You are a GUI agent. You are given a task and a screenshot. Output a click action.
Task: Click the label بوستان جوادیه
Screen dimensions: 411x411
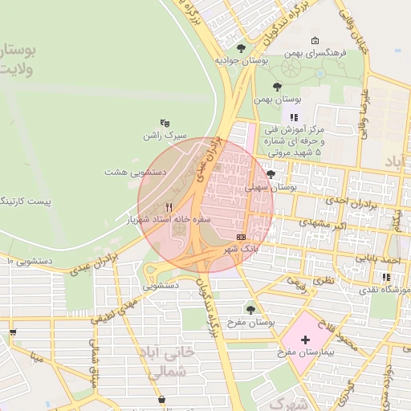[x=240, y=60]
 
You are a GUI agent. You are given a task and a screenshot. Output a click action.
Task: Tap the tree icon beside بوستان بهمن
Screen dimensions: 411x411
[x=278, y=87]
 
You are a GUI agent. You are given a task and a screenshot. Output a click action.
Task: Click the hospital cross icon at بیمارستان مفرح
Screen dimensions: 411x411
[x=305, y=340]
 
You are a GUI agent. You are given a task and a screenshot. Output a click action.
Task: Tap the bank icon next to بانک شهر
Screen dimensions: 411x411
[x=242, y=237]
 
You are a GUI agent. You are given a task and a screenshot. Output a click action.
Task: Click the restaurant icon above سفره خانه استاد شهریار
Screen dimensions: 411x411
[x=168, y=206]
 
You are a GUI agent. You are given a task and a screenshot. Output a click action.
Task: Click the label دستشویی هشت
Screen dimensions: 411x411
[x=135, y=172]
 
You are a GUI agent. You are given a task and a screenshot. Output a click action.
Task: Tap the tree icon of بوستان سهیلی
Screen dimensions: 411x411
[x=271, y=174]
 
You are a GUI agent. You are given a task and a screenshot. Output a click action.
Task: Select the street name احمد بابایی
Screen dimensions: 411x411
[x=378, y=262]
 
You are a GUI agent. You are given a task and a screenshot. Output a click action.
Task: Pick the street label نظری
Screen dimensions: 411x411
[x=323, y=281]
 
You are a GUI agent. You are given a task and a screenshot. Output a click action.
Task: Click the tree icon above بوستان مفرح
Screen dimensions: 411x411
[x=250, y=308]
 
